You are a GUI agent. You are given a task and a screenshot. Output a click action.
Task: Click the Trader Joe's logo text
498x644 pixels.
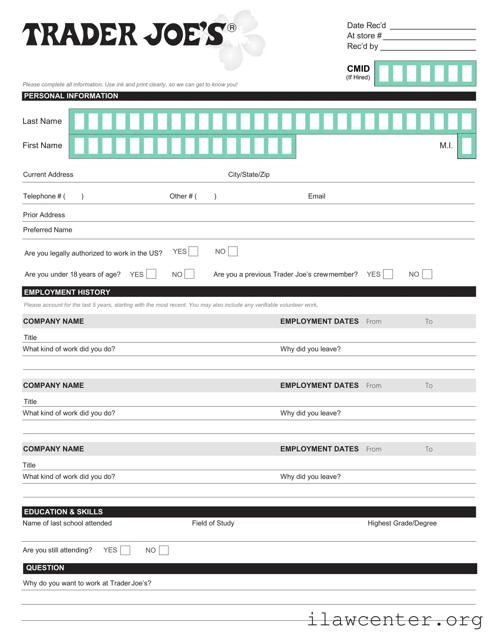tap(123, 35)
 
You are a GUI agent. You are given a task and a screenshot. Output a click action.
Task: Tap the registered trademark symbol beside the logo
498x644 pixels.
tap(232, 28)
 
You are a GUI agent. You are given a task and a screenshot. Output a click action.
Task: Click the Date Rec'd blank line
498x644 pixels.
tap(433, 26)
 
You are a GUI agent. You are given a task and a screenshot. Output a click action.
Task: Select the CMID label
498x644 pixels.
tap(358, 69)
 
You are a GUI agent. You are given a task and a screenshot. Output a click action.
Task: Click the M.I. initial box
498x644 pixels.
tap(467, 146)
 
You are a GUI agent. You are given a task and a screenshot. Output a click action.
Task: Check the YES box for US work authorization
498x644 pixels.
tap(193, 251)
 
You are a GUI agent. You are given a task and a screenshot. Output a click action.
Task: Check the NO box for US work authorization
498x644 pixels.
tap(233, 251)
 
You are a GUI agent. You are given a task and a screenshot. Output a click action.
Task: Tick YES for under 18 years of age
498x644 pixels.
tap(151, 274)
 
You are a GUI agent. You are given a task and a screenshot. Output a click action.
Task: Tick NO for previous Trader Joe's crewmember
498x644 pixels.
tap(427, 274)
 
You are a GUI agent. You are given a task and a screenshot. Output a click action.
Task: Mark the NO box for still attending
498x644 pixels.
tap(163, 550)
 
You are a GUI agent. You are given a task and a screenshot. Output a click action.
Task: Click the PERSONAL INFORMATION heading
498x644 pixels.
tap(71, 96)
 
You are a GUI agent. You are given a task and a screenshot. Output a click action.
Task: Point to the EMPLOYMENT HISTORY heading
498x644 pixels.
tap(67, 292)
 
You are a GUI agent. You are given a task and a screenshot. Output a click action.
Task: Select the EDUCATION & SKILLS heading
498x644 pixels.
tap(63, 512)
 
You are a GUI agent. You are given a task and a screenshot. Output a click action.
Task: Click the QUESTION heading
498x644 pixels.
tap(45, 568)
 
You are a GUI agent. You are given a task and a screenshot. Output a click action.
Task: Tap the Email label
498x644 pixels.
tap(316, 196)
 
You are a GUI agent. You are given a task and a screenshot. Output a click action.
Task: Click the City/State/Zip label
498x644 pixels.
tap(249, 175)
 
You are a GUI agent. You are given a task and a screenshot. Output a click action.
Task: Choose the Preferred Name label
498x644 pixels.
tap(47, 230)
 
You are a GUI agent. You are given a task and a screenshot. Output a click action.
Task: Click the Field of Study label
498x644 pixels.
tap(213, 523)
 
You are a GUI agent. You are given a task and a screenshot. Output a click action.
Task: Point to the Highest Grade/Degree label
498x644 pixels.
tap(402, 523)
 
